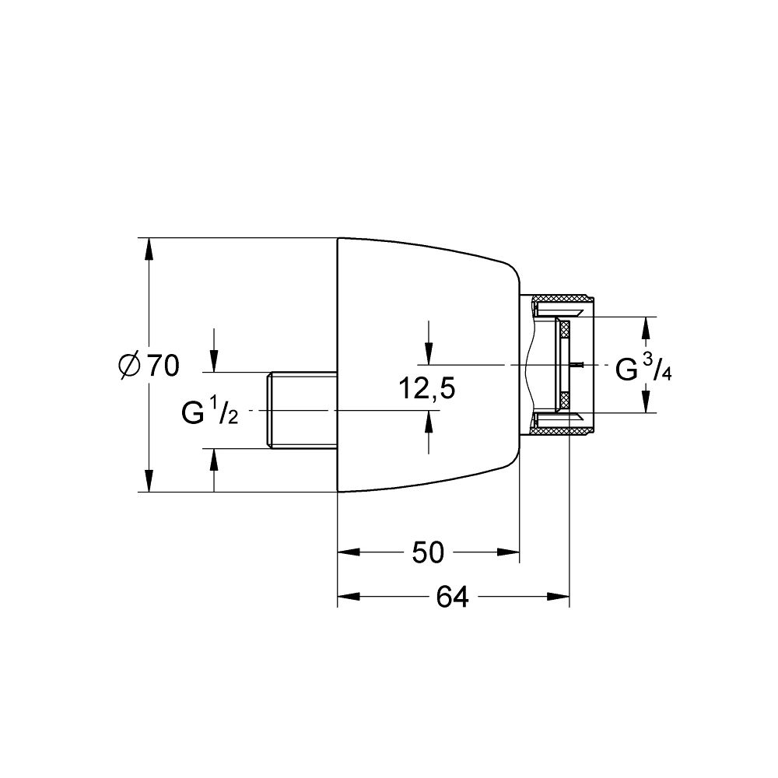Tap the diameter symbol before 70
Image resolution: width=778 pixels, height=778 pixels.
[x=130, y=365]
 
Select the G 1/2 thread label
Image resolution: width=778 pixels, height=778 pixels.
[x=209, y=412]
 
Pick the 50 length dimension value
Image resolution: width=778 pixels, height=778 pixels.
[x=427, y=553]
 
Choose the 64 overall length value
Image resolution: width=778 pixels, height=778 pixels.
[x=452, y=598]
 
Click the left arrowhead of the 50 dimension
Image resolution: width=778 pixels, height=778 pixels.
[x=348, y=553]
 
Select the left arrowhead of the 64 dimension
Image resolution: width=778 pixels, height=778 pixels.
[x=348, y=598]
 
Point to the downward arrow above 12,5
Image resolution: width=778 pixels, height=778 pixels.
[x=427, y=353]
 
